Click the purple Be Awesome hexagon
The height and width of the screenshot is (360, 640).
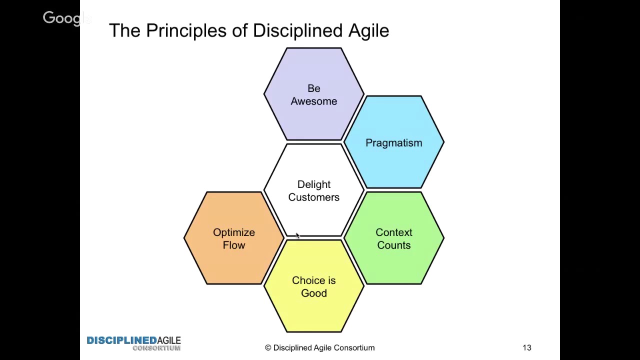(x=313, y=94)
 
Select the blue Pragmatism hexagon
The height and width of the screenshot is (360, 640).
(x=393, y=142)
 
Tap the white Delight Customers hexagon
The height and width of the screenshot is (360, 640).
(x=313, y=190)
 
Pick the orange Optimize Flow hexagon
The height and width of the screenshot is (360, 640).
(x=233, y=238)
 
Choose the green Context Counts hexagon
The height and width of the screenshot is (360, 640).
(x=393, y=238)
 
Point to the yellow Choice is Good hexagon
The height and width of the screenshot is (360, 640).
(x=313, y=286)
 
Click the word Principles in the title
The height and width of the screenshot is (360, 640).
(x=186, y=31)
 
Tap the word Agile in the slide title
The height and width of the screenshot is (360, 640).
(x=368, y=31)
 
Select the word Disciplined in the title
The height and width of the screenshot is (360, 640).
(x=297, y=30)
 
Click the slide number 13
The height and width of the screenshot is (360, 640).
(x=527, y=347)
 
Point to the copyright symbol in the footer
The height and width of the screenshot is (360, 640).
(x=267, y=347)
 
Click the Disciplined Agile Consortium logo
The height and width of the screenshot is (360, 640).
(x=133, y=343)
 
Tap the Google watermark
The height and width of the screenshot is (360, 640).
(x=67, y=18)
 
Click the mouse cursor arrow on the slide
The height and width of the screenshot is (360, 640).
(x=297, y=235)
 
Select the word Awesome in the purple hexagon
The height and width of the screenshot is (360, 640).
(x=313, y=101)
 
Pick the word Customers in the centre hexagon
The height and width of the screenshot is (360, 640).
(x=313, y=197)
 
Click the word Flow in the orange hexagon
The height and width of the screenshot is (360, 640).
(x=233, y=245)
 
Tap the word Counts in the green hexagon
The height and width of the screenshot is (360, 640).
(x=393, y=245)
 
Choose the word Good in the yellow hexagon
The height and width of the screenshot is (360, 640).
(x=313, y=293)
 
